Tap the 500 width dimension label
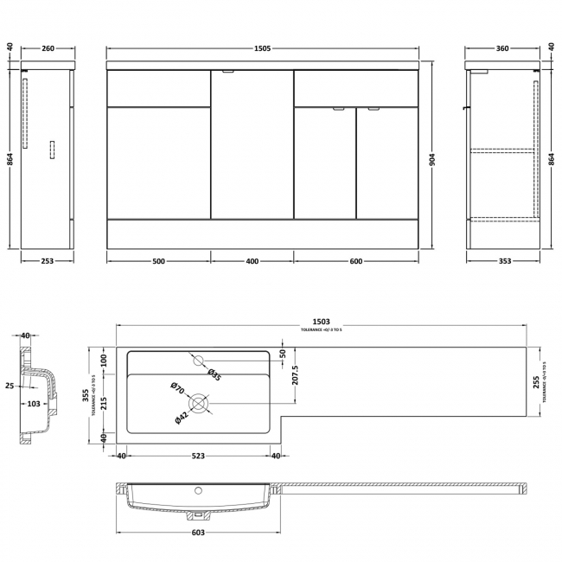[158, 261]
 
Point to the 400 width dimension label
[252, 261]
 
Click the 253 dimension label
[46, 261]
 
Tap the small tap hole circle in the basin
[198, 360]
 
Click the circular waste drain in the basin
[200, 402]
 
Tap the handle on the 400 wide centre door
[228, 73]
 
